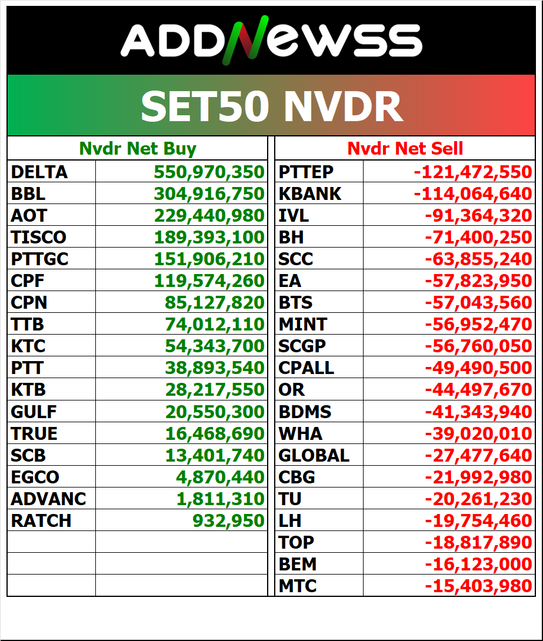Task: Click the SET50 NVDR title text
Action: [271, 106]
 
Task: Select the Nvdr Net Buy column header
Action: [138, 149]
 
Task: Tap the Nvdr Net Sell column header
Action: [405, 149]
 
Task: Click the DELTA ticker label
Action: [39, 172]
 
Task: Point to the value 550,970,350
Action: [209, 172]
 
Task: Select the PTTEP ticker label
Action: [306, 172]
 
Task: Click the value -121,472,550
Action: [472, 172]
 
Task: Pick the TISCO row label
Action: [39, 238]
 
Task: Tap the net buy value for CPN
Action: [215, 303]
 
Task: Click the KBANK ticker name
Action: [309, 194]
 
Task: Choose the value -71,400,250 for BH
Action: [478, 238]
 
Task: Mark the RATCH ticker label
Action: [41, 520]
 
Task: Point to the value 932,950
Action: [228, 520]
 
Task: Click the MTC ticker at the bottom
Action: [298, 586]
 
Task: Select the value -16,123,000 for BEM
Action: [478, 564]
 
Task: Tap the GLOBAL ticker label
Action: [314, 455]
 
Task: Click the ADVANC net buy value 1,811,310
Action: [221, 499]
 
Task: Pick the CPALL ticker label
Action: [306, 368]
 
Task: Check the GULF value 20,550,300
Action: [215, 412]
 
